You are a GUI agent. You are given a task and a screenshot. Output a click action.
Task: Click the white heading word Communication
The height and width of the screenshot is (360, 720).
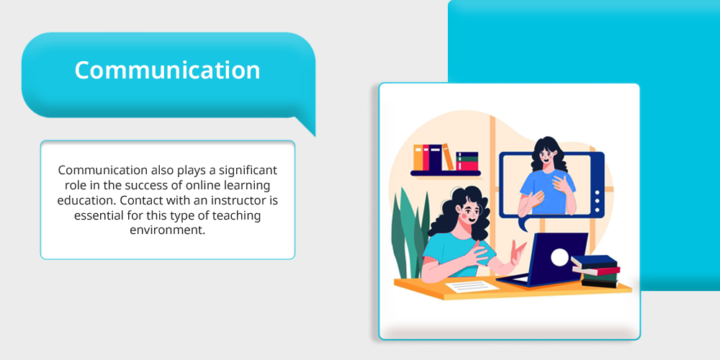click(x=167, y=71)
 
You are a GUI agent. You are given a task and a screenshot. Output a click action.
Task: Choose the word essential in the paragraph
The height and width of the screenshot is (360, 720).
click(x=96, y=215)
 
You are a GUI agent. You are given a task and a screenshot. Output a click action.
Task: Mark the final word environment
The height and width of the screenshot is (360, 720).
click(x=167, y=230)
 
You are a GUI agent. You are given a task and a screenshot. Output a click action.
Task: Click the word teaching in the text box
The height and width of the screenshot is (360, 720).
click(x=239, y=215)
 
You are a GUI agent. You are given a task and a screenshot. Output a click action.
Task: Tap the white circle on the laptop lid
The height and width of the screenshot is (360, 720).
click(x=559, y=257)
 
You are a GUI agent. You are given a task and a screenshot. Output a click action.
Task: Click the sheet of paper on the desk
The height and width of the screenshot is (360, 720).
click(x=472, y=287)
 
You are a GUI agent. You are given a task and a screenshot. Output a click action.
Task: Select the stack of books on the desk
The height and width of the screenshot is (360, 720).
click(x=595, y=271)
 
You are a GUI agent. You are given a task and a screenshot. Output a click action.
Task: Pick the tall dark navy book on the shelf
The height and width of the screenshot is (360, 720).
click(x=435, y=157)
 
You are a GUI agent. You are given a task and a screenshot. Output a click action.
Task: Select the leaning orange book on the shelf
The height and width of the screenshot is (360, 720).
click(x=448, y=157)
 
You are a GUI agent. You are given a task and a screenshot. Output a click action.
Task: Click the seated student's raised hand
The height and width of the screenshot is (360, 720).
click(x=518, y=251)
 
